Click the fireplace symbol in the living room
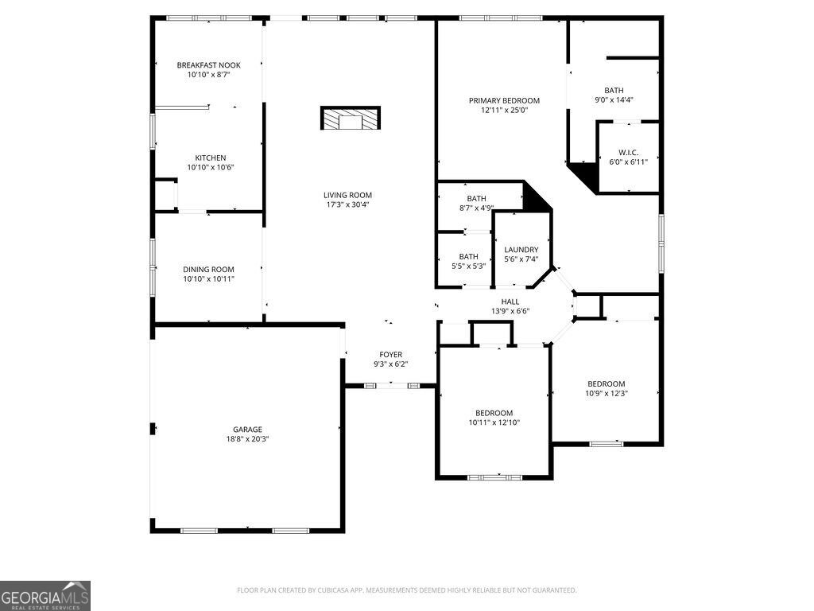350,119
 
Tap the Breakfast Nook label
208,65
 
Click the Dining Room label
208,270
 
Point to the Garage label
247,430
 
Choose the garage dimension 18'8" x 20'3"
247,439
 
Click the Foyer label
390,355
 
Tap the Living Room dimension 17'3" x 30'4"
347,205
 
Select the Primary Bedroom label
504,101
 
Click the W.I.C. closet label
628,153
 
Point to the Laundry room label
521,250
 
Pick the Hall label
510,302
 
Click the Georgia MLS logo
45,596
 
